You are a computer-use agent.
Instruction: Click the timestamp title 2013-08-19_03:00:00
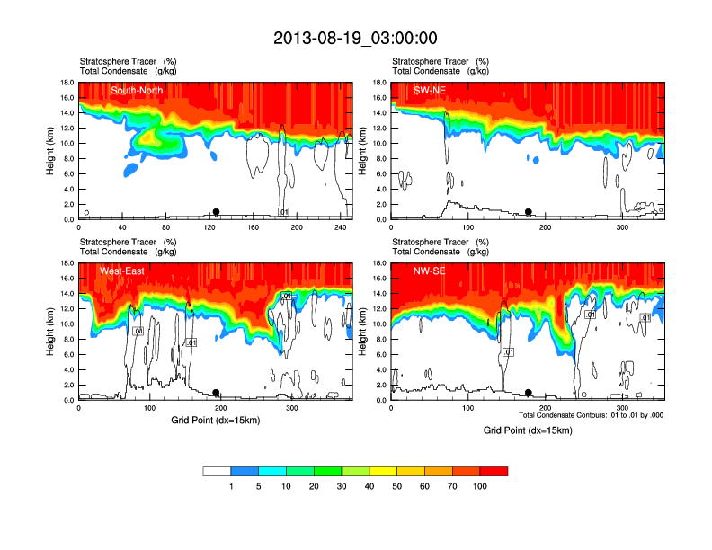pos(355,38)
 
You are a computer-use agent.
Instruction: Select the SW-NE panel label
pos(430,90)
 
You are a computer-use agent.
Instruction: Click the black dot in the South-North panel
pos(217,212)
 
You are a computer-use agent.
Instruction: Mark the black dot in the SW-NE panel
pos(529,212)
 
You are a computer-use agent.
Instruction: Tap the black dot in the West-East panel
pos(217,393)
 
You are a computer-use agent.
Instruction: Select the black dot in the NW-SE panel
pos(529,393)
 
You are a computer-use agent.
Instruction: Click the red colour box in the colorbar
pos(494,471)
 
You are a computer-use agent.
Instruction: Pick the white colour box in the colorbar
pos(217,471)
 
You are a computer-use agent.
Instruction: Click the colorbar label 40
pos(369,486)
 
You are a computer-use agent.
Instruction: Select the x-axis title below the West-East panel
pos(215,421)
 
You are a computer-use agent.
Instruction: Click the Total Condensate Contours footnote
pos(591,415)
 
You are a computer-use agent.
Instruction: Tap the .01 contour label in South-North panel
pos(283,212)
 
